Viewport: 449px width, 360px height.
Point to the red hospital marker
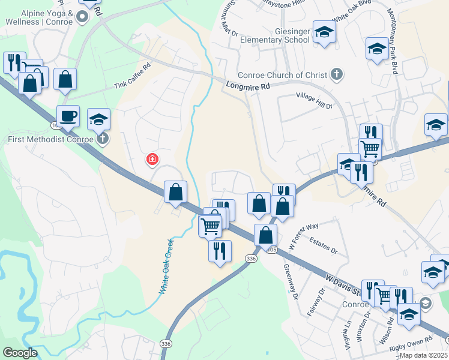[153, 159]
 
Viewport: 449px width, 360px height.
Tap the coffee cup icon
[68, 115]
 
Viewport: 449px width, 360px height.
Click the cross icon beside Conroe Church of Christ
[337, 74]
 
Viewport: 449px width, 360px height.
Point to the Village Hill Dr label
[314, 100]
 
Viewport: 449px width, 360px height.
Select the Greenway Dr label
[291, 281]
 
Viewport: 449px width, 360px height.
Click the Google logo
[20, 353]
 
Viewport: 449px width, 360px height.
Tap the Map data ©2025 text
[423, 355]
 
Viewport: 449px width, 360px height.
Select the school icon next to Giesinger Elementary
[324, 32]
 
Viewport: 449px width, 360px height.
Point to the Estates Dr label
[323, 245]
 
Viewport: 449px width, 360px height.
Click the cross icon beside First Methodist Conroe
[103, 139]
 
